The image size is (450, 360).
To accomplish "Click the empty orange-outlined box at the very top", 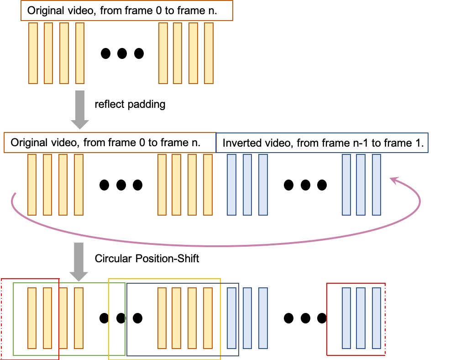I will [127, 11].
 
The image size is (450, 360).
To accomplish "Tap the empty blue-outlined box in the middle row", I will [322, 143].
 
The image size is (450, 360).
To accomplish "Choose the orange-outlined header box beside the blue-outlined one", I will [110, 143].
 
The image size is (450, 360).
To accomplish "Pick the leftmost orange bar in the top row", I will [33, 53].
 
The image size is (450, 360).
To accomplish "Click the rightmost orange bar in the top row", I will [209, 53].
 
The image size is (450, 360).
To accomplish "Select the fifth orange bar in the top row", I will [163, 53].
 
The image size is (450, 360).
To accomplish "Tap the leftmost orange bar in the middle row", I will [32, 185].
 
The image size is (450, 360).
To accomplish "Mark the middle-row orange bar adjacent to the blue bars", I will [208, 185].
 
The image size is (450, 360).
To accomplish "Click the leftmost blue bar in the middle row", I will [231, 185].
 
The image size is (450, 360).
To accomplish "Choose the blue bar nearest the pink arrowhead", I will [377, 185].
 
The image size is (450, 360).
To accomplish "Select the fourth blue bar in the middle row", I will [346, 185].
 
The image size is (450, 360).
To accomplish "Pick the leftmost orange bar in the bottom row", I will [32, 318].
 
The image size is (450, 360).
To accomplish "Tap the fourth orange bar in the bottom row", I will [78, 318].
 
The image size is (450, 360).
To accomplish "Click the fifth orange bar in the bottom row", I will [162, 318].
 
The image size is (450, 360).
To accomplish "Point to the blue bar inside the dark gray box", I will [231, 318].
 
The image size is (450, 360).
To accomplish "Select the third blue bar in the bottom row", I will [263, 318].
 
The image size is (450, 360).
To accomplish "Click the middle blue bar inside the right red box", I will [361, 318].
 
